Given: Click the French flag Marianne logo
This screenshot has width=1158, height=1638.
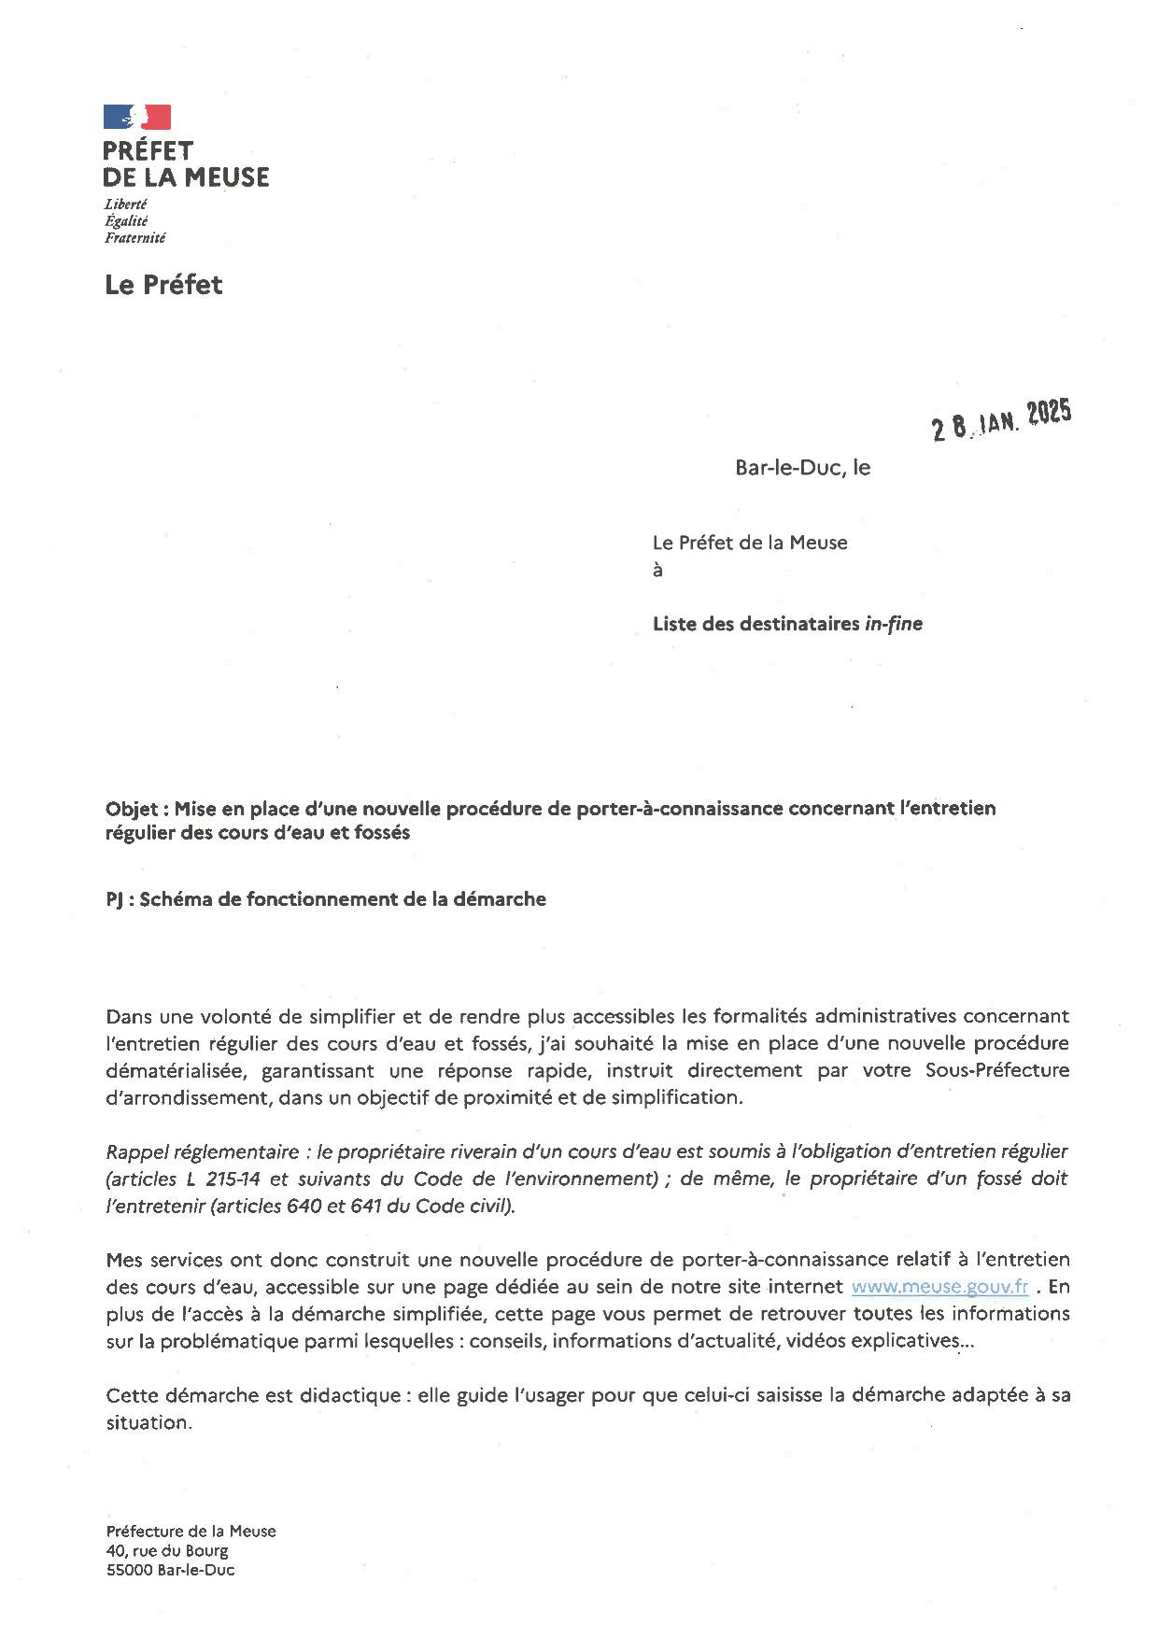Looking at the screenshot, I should click(137, 117).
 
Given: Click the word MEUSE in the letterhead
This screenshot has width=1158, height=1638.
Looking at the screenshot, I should click(227, 177).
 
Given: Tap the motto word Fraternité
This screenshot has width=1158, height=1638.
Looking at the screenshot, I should click(134, 238).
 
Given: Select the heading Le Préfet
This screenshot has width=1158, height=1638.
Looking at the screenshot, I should click(163, 285).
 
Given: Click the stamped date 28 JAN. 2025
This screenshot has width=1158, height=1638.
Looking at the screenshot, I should click(1001, 419).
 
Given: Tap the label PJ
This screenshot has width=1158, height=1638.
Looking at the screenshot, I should click(115, 899).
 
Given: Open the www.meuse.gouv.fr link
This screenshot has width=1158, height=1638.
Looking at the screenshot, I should click(939, 1287).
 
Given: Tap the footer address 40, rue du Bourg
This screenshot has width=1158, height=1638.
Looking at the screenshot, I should click(167, 1551).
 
